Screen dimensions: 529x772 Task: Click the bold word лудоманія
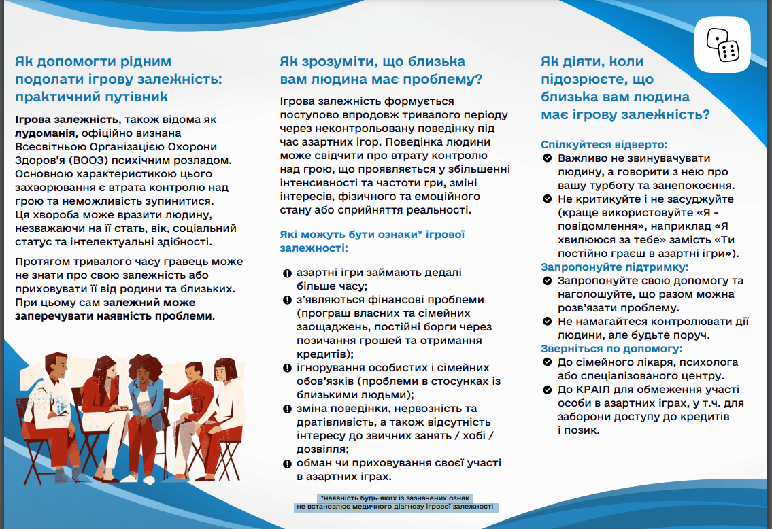(46, 133)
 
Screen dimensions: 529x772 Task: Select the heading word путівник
(134, 96)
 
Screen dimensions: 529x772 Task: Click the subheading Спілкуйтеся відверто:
(604, 144)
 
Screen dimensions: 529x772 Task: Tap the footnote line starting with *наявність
(396, 498)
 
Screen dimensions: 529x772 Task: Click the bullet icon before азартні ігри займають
(287, 273)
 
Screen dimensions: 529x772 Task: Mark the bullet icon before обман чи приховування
(287, 463)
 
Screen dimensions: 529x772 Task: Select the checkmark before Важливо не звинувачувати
(547, 158)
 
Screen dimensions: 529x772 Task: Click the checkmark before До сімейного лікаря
(547, 362)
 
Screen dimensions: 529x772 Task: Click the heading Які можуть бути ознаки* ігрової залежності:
(371, 241)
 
